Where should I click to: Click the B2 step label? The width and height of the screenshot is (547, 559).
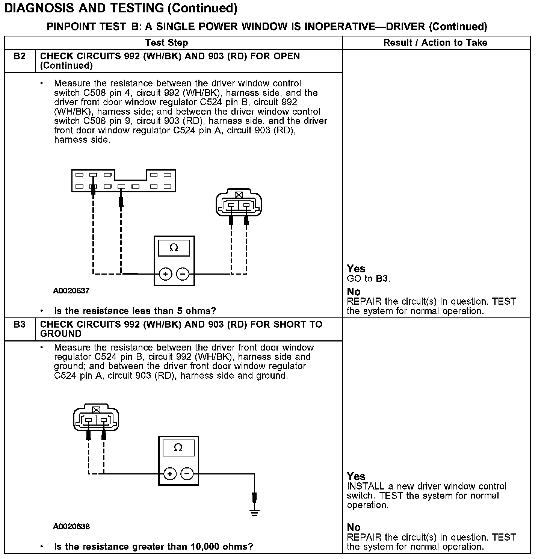(20, 56)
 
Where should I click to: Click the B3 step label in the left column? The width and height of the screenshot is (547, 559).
(20, 324)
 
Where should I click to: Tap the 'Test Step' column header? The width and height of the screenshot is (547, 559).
(166, 43)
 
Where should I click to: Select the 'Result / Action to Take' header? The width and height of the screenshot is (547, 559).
(435, 43)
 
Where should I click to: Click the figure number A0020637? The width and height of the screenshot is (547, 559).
(71, 291)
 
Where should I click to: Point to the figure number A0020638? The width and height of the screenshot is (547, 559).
(71, 526)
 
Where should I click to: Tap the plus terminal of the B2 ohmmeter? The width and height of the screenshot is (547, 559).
(165, 274)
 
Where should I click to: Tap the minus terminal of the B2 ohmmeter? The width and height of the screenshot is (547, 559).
(183, 274)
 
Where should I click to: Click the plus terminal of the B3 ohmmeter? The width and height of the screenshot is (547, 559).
(170, 474)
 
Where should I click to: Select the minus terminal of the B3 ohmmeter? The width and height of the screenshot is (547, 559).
(187, 474)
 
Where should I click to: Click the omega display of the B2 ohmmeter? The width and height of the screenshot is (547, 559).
(174, 248)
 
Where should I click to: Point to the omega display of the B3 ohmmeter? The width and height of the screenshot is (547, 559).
(178, 448)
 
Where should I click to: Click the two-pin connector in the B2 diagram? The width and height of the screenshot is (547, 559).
(239, 204)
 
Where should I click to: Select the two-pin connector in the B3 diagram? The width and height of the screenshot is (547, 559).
(96, 418)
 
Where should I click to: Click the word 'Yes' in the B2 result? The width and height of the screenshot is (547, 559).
(356, 269)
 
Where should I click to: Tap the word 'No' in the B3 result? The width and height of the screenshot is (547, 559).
(354, 527)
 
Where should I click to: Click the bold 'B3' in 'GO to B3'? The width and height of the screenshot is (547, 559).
(382, 279)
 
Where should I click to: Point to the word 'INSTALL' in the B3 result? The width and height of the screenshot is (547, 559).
(366, 486)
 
